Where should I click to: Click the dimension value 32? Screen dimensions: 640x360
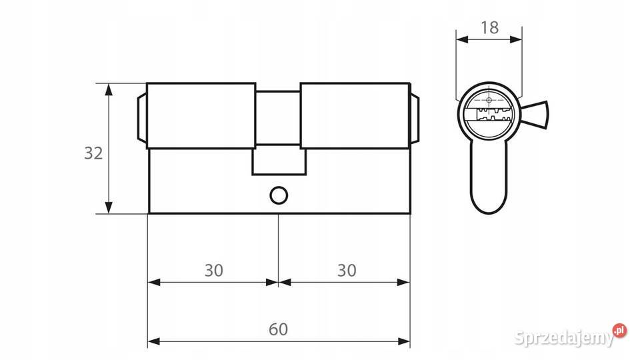click(93, 153)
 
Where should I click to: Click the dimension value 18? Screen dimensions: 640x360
click(489, 28)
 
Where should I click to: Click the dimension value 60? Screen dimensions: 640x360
click(279, 329)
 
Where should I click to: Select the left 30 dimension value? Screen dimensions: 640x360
click(214, 270)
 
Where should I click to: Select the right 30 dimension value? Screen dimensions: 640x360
click(347, 270)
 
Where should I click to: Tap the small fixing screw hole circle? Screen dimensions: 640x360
click(279, 196)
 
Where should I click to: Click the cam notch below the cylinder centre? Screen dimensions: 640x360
click(279, 161)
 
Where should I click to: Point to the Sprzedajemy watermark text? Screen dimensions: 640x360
click(565, 337)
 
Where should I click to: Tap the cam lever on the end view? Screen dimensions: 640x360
click(535, 114)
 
